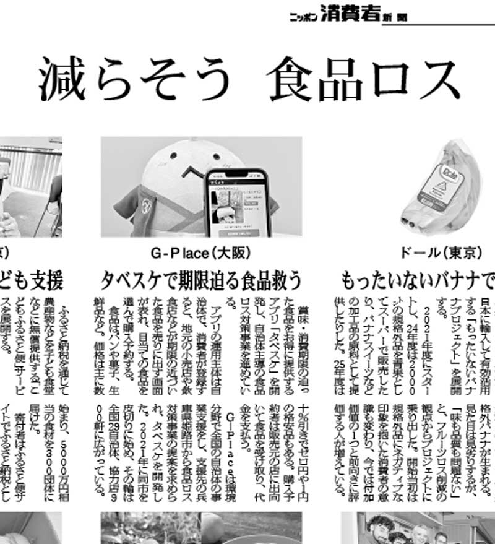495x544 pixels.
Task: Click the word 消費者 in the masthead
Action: [x=350, y=14]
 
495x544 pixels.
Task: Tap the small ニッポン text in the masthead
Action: [x=304, y=17]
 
